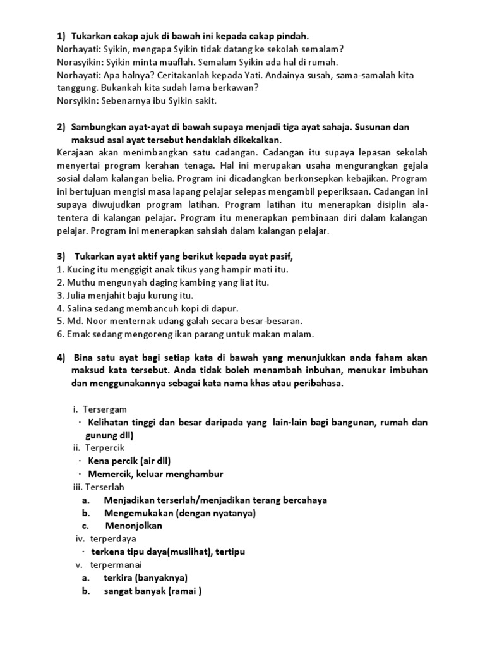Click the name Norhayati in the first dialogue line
77,49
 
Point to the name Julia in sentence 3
77,295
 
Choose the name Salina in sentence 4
80,308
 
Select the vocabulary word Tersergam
101,409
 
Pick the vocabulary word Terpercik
100,448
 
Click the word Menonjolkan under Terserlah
134,526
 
